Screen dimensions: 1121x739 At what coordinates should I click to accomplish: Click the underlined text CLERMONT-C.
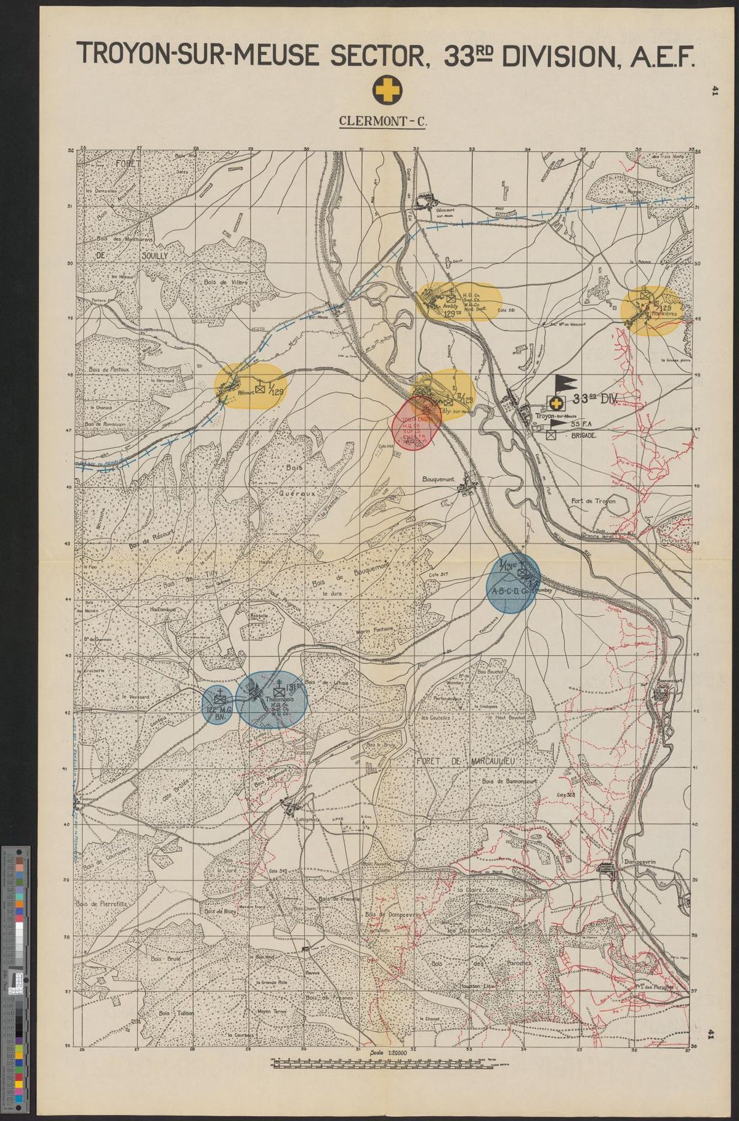point(383,121)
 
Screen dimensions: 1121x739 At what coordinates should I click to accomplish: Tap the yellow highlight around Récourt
point(250,386)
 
